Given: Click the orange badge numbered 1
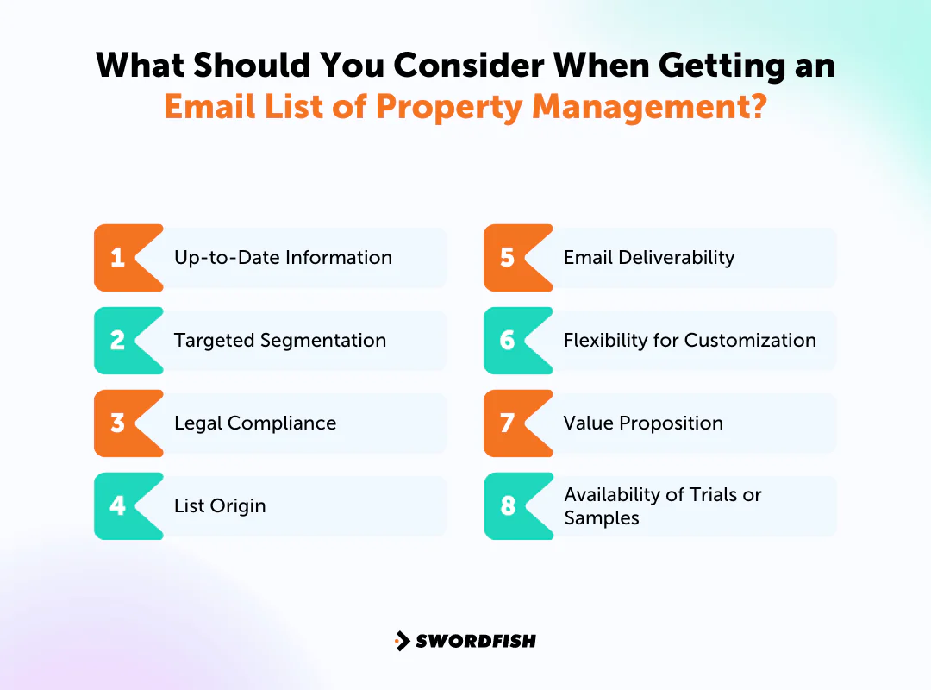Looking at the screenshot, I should click(x=121, y=257).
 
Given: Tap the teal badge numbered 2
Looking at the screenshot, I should click(x=121, y=340).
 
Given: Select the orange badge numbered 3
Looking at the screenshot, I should click(x=121, y=423).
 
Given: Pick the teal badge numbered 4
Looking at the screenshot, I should click(x=121, y=505).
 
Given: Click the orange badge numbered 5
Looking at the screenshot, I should click(x=510, y=257).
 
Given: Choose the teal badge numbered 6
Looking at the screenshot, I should click(x=510, y=340).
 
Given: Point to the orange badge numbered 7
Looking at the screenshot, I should click(x=510, y=423).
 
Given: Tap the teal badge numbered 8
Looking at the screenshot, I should click(x=510, y=505).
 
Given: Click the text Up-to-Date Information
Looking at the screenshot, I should click(x=283, y=257).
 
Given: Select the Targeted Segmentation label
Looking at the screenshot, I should click(x=280, y=340).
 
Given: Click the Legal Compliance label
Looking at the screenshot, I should click(x=255, y=423).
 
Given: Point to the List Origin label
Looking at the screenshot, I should click(x=220, y=505).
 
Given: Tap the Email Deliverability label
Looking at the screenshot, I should click(x=649, y=257).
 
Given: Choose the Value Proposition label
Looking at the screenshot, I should click(x=643, y=423).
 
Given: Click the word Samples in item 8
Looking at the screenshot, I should click(x=602, y=518).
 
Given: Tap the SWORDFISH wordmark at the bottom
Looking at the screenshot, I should click(x=476, y=641).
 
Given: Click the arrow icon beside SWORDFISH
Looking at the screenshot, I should click(x=402, y=641).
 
